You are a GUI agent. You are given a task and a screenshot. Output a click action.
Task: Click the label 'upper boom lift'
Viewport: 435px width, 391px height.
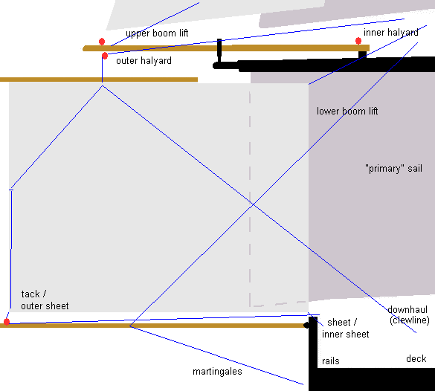(x=157, y=33)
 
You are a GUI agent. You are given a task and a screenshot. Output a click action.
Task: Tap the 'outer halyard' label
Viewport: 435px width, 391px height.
(x=144, y=61)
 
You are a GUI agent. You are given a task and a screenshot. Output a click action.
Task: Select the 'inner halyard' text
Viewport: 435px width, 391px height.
(x=391, y=33)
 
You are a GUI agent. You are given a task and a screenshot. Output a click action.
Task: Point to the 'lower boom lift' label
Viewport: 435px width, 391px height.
(x=347, y=112)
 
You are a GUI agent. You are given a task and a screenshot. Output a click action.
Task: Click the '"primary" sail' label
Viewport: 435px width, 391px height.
(x=393, y=169)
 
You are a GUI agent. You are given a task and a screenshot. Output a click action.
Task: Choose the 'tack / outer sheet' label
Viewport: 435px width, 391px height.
(x=45, y=300)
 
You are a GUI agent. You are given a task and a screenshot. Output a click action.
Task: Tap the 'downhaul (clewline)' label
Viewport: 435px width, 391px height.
(x=408, y=314)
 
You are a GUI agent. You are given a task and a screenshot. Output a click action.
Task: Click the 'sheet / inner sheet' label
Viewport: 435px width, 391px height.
(x=345, y=329)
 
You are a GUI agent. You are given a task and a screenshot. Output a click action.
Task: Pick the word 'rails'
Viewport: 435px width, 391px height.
(x=331, y=361)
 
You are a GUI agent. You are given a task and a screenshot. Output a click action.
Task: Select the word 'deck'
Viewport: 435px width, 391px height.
(x=416, y=359)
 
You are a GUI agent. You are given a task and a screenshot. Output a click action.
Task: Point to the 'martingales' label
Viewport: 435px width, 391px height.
(x=217, y=372)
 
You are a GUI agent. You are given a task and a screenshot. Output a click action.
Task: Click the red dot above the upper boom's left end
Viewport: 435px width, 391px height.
(x=102, y=42)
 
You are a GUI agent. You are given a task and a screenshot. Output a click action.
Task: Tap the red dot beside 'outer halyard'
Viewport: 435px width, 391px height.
(x=105, y=56)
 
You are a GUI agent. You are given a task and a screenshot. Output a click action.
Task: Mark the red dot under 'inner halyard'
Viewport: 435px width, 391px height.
(x=358, y=41)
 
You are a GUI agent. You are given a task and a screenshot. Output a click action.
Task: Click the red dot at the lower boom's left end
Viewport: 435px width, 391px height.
(x=7, y=322)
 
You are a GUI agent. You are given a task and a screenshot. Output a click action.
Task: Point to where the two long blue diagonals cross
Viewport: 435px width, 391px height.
(x=254, y=204)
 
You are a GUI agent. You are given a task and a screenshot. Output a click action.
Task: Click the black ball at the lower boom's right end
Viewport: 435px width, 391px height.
(x=306, y=325)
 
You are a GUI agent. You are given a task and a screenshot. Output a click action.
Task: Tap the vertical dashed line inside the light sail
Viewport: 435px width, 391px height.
(x=250, y=198)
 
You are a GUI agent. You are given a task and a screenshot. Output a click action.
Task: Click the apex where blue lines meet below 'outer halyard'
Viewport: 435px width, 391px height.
(x=103, y=86)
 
